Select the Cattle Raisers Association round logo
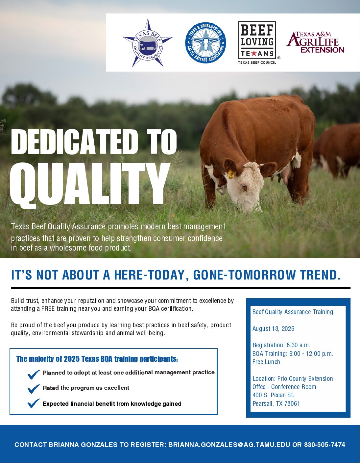coord(205,43)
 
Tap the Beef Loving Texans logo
coord(257,43)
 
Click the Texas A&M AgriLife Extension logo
coord(316,42)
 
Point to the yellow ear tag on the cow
coord(231,174)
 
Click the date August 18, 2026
coord(273,329)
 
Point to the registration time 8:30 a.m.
coord(298,345)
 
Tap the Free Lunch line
coord(266,362)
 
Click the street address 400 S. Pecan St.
coord(273,395)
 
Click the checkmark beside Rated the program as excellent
coord(34,389)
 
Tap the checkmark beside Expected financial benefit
coord(34,403)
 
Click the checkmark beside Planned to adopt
coord(34,375)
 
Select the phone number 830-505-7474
coord(324,445)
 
